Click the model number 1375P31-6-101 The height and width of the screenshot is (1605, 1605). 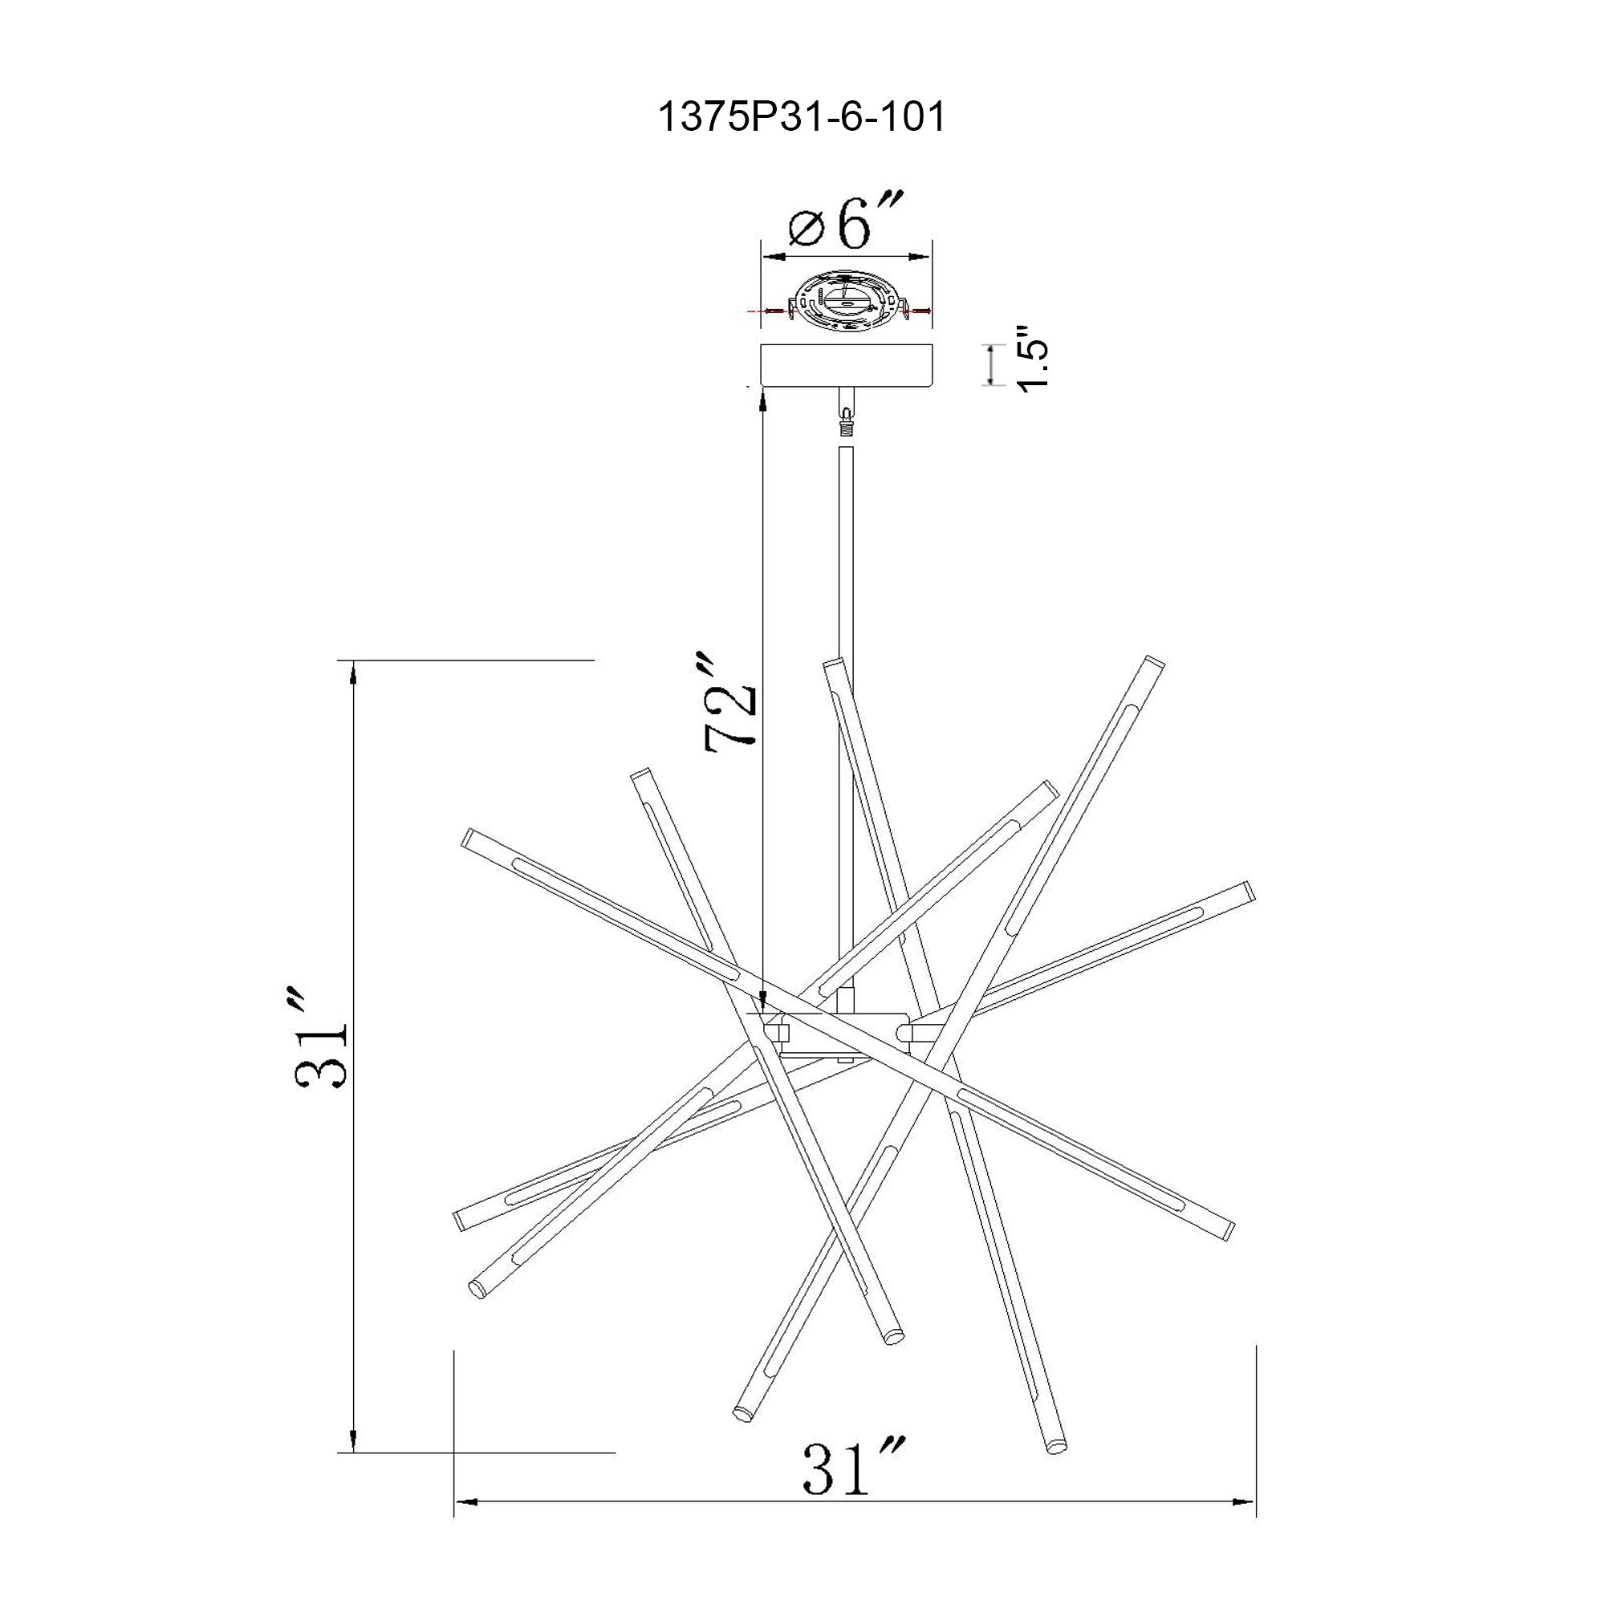coord(802,118)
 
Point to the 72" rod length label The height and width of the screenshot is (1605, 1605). coord(731,705)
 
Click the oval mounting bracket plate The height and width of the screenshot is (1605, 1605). coord(847,303)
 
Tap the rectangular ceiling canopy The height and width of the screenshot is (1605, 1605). coord(847,365)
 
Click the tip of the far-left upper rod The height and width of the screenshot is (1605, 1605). coord(467,835)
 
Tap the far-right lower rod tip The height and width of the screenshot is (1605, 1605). coord(1230,1231)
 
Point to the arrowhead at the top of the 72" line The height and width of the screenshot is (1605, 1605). coord(762,401)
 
